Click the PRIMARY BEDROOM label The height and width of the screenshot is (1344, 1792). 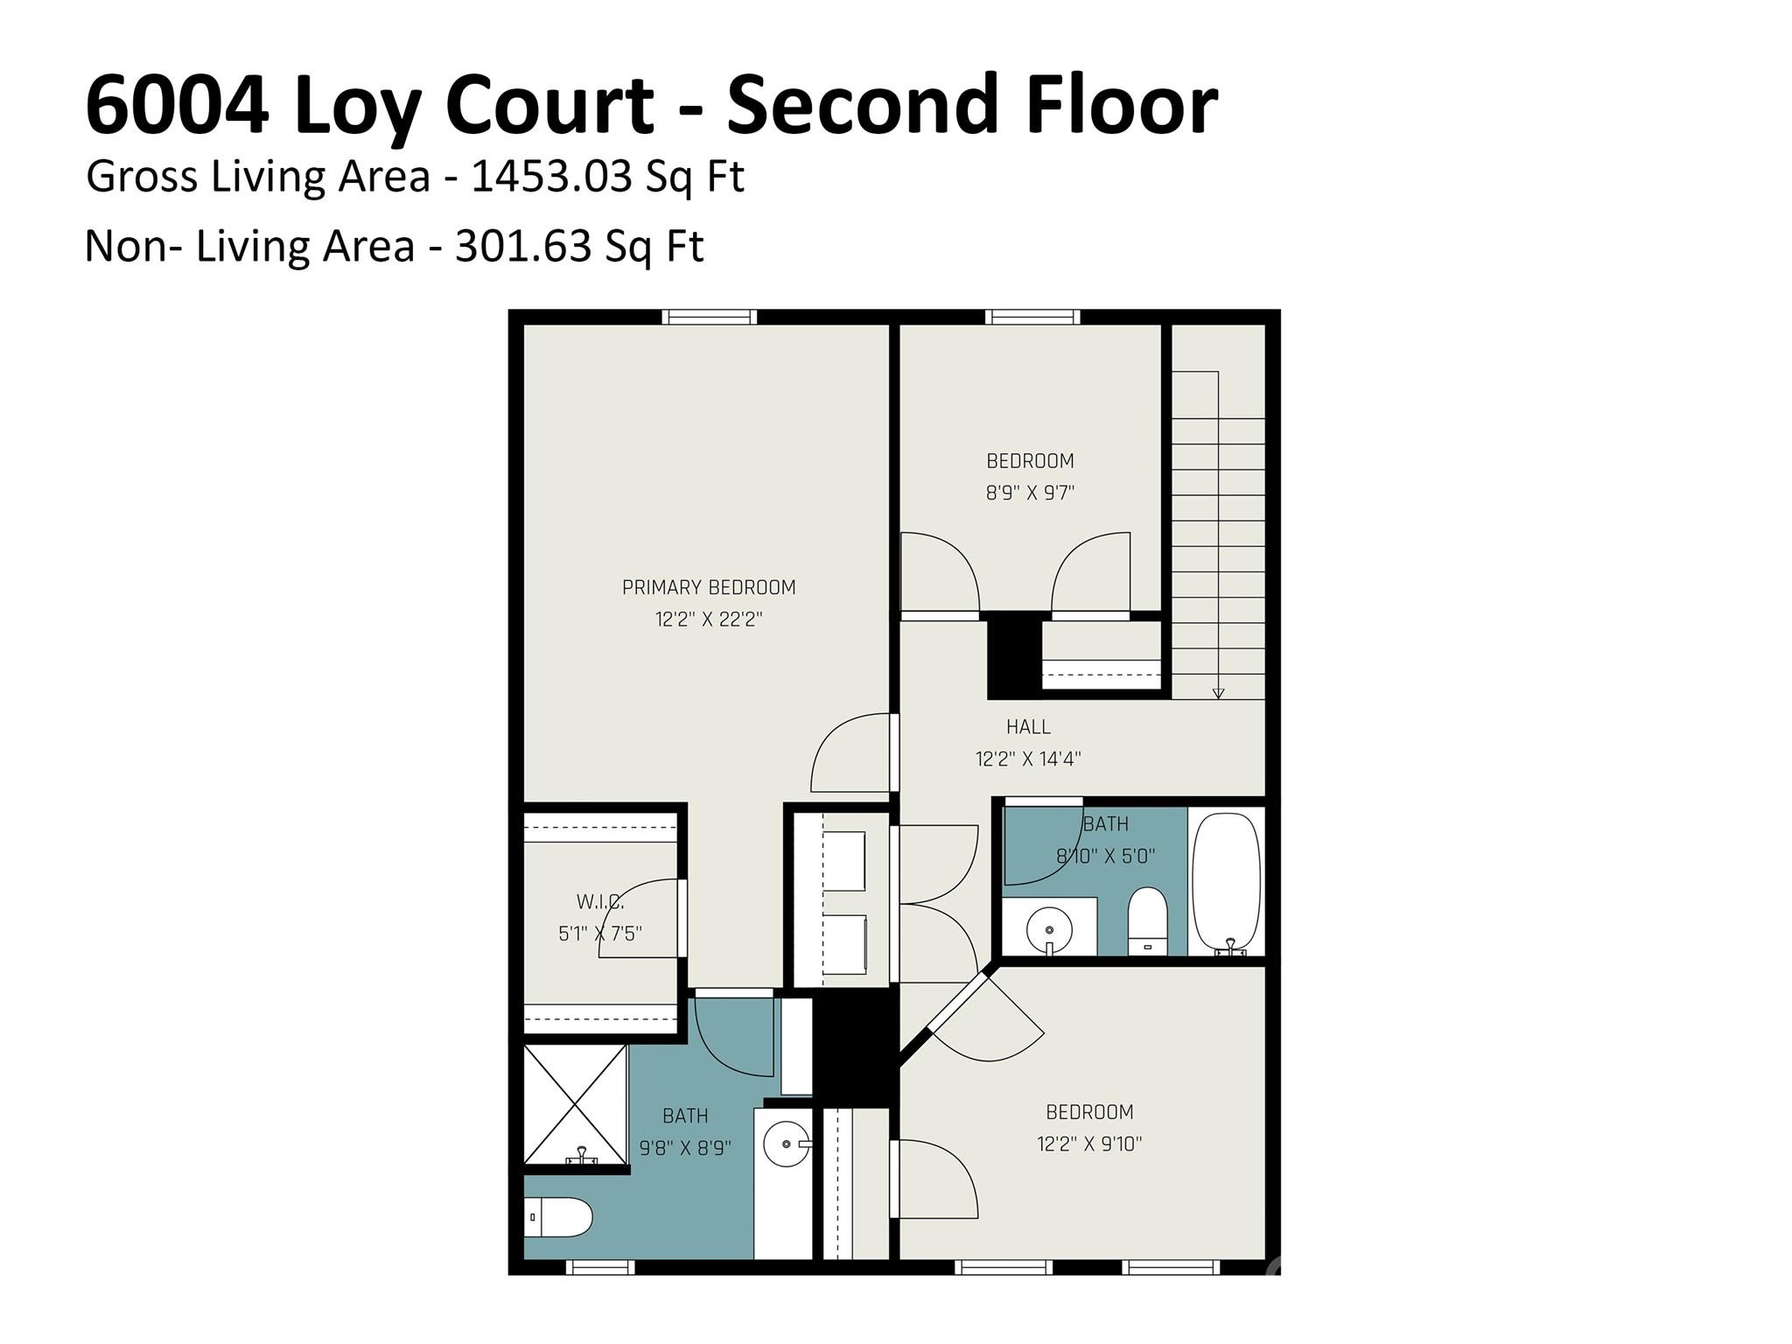coord(709,587)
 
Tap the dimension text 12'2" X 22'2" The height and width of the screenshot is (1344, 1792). coord(709,619)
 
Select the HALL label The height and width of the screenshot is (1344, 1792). coord(1028,726)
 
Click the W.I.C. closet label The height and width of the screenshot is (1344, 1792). coord(600,901)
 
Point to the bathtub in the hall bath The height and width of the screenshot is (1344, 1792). coord(1227,881)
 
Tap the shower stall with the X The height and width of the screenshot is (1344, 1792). coord(575,1105)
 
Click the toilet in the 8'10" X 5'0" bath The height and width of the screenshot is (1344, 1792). coord(1147,921)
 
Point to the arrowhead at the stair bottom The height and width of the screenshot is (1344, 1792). coord(1218,694)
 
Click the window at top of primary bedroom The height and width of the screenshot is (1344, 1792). coord(709,317)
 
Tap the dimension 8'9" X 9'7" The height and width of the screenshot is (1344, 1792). coord(1030,493)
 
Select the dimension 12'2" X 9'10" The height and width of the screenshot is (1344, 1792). coord(1089,1144)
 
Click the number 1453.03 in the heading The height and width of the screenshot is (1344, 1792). coord(551,177)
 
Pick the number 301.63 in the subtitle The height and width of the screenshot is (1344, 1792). coord(523,247)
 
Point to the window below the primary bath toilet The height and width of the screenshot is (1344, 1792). coord(600,1266)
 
